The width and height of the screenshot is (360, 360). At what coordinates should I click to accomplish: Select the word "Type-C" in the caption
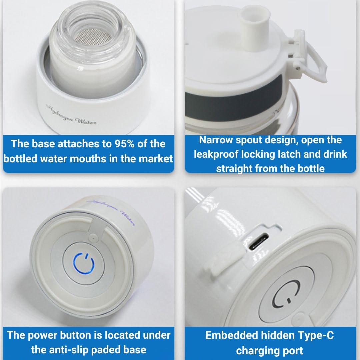pos(316,335)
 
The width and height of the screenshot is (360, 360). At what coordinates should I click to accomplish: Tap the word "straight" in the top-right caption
pos(235,168)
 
